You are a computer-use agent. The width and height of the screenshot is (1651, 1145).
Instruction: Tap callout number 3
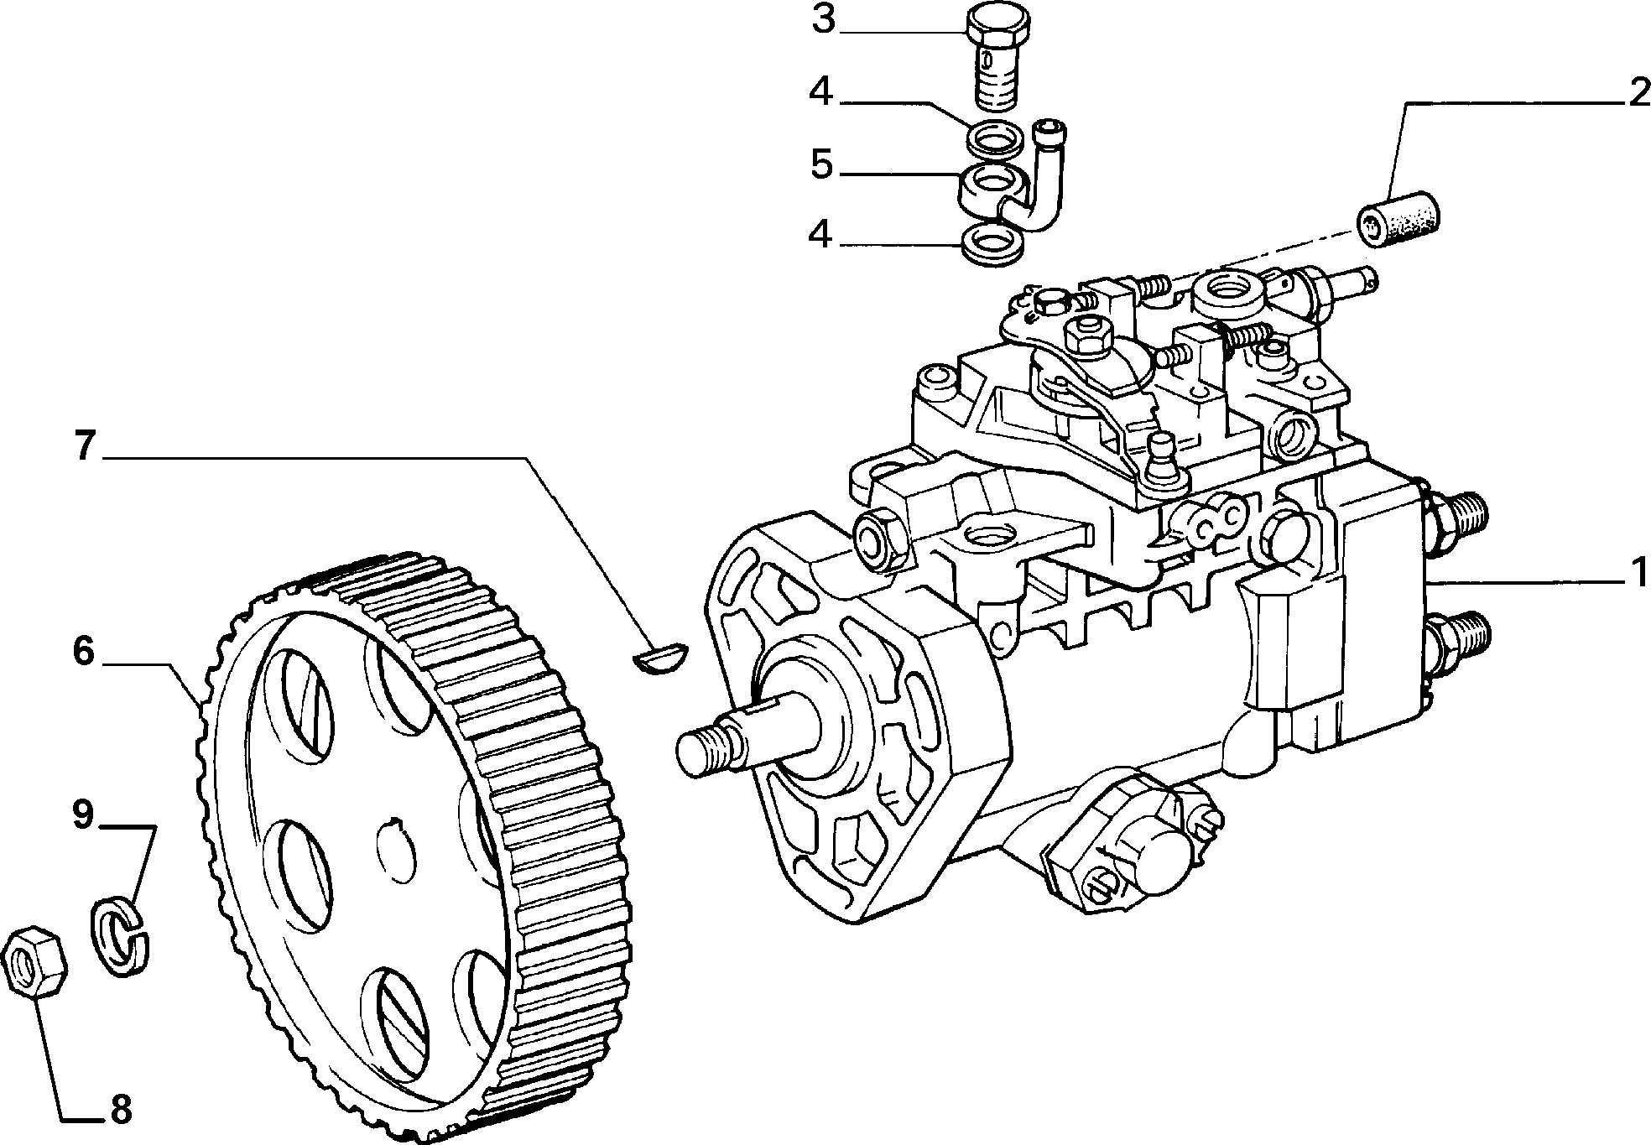tap(824, 20)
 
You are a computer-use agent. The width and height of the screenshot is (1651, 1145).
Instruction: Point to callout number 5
tap(822, 165)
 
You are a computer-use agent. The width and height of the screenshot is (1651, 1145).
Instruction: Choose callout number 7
tap(84, 445)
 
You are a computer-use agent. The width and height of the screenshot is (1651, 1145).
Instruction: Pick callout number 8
tap(120, 1110)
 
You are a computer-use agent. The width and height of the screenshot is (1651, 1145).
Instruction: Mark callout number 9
tap(82, 815)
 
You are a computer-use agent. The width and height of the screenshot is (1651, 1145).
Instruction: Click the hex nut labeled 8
tap(34, 962)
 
